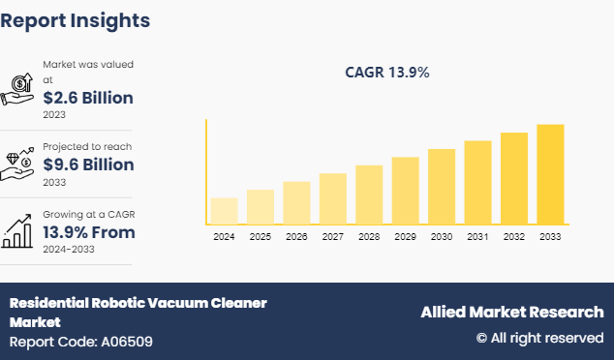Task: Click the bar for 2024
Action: [x=224, y=211]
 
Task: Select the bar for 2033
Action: [x=550, y=174]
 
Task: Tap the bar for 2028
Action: [x=369, y=195]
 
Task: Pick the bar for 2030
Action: [x=442, y=187]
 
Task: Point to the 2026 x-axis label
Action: [x=296, y=236]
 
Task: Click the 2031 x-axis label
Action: [x=477, y=236]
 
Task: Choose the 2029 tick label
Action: [x=405, y=236]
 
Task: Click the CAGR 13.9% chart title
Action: [x=387, y=72]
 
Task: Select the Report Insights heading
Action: [x=76, y=19]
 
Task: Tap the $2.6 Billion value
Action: [x=88, y=97]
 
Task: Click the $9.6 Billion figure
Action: [x=88, y=165]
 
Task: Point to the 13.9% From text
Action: [x=88, y=232]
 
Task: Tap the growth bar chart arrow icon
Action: [x=18, y=230]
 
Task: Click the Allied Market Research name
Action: [x=511, y=312]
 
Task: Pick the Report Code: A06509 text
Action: [x=80, y=342]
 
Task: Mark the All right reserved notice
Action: [x=539, y=338]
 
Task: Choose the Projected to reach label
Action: [x=87, y=146]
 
